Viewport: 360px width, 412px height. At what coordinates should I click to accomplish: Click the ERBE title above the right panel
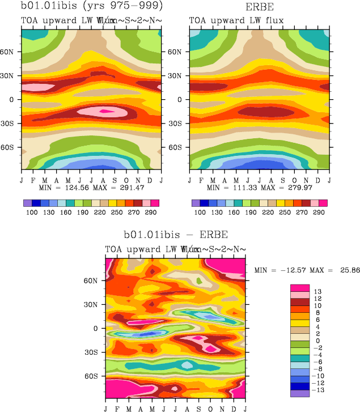tap(259, 7)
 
